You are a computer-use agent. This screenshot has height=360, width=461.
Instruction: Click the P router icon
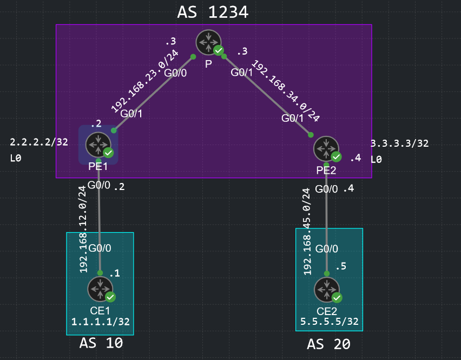[208, 42]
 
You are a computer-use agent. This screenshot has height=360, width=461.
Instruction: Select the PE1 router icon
[98, 145]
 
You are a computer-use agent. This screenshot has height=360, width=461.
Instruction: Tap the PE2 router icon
[326, 149]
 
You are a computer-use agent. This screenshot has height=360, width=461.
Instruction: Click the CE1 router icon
[100, 289]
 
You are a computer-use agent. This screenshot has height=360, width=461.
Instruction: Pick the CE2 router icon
[327, 290]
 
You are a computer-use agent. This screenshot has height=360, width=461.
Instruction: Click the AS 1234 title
[213, 12]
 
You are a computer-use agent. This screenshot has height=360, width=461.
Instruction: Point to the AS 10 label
[101, 343]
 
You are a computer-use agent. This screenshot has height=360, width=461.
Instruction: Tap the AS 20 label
[328, 344]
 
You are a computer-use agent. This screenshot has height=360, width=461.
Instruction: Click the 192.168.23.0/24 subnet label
[144, 81]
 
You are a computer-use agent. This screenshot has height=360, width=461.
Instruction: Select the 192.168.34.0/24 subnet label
[286, 90]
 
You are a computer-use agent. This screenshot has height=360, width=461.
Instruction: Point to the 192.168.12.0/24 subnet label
[83, 230]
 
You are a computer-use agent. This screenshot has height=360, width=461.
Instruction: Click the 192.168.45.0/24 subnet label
[307, 232]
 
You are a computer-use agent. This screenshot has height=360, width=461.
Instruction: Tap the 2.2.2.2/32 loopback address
[39, 142]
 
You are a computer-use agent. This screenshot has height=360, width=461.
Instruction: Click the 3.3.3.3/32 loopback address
[399, 143]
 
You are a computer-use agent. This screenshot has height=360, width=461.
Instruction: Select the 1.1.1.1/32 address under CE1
[101, 322]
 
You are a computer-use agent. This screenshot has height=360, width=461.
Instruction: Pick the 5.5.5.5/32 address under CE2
[330, 322]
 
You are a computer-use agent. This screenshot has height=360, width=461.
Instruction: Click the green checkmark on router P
[219, 50]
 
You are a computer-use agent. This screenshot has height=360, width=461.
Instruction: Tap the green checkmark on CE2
[337, 298]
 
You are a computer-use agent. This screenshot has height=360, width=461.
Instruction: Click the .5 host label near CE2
[341, 266]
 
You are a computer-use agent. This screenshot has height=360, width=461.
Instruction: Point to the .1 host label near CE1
[115, 273]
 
